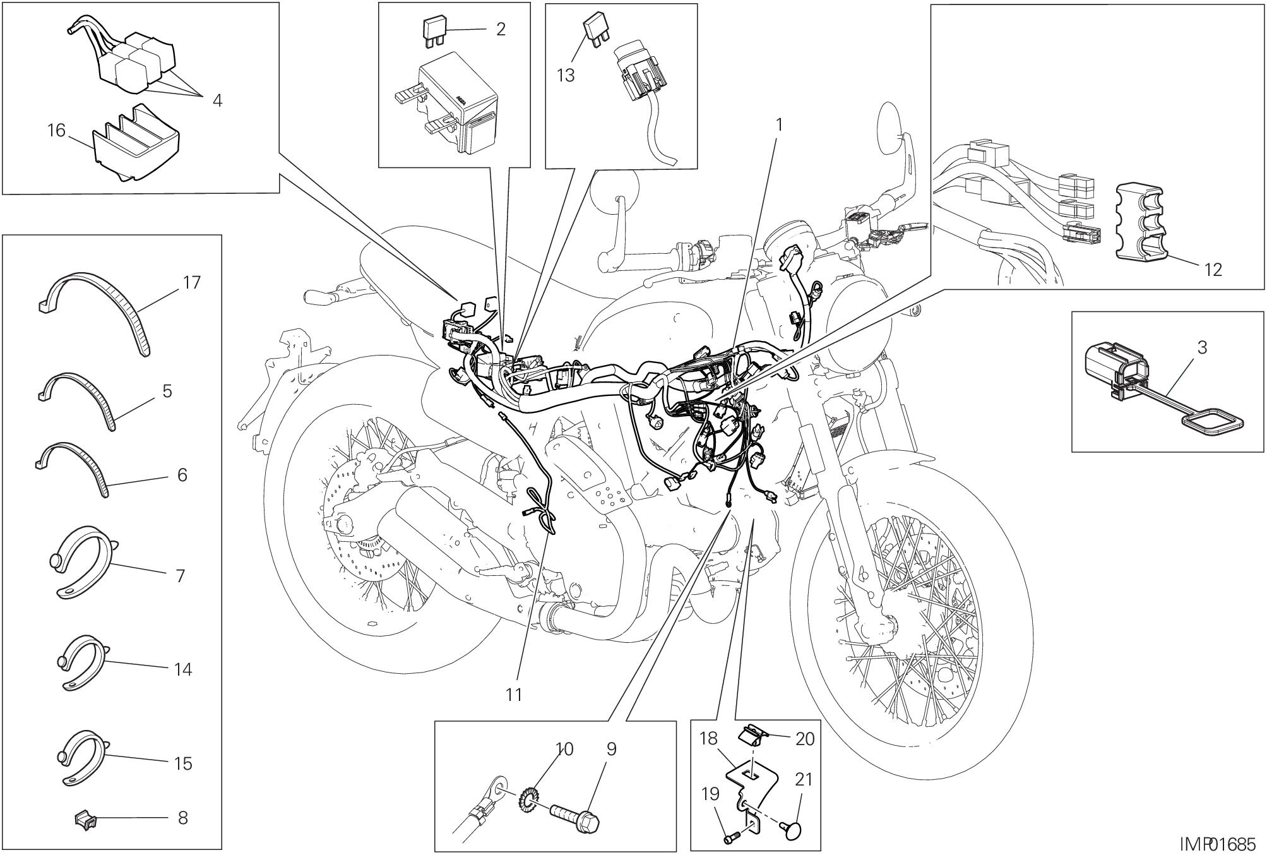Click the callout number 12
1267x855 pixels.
click(x=1213, y=270)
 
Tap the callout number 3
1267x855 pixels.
click(x=1201, y=347)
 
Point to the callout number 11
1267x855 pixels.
click(x=514, y=695)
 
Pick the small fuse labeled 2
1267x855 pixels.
click(x=432, y=31)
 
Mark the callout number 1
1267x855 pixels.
click(x=779, y=125)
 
